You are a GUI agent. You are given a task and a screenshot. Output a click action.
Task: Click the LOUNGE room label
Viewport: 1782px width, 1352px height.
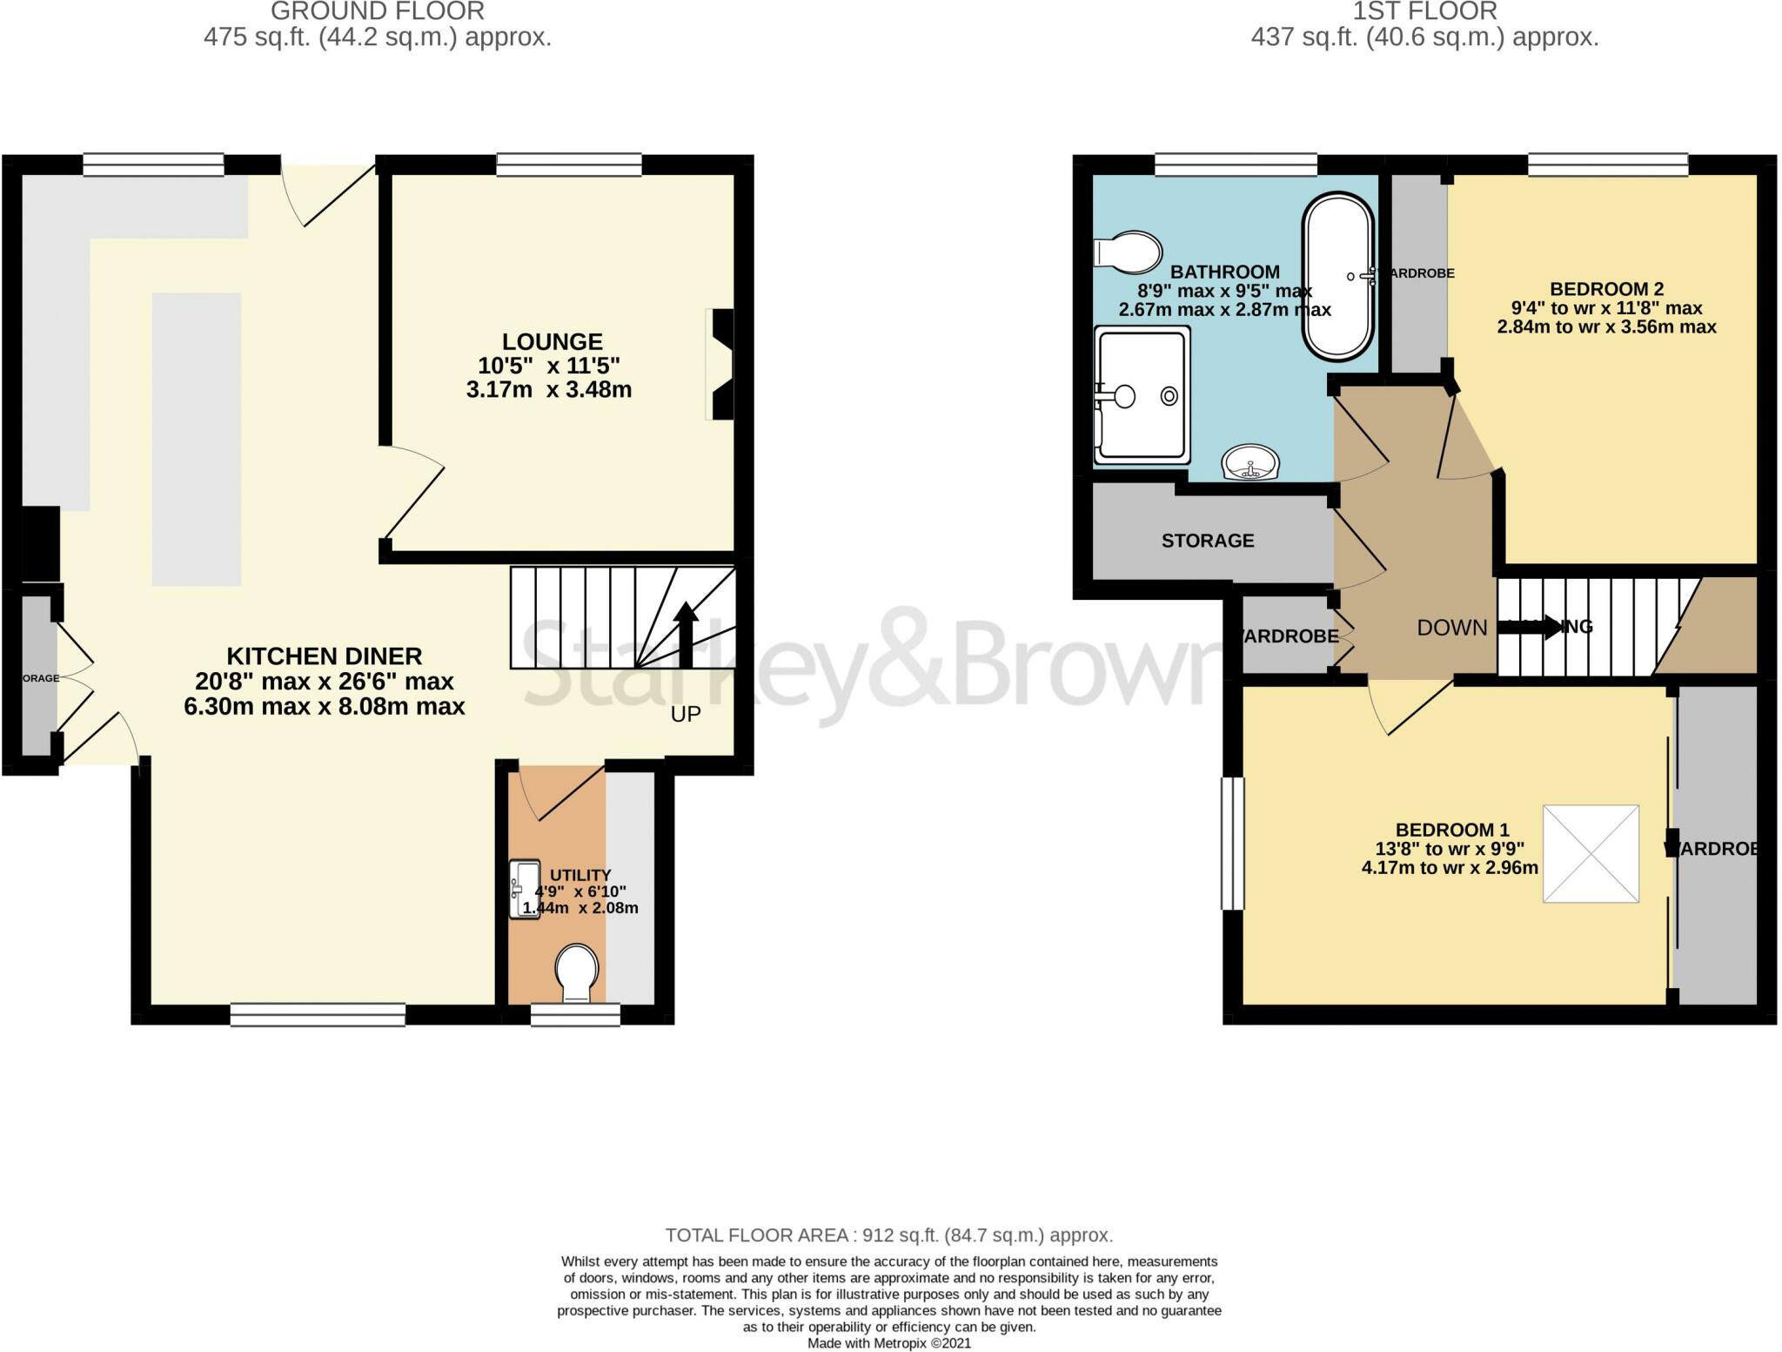pyautogui.click(x=552, y=341)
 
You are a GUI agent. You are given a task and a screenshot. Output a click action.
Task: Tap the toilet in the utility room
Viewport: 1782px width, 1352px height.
pyautogui.click(x=577, y=972)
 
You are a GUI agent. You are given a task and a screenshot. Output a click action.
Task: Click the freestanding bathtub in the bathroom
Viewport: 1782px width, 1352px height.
pyautogui.click(x=1337, y=276)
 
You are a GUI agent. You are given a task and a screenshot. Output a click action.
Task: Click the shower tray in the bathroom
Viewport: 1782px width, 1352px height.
pyautogui.click(x=1142, y=396)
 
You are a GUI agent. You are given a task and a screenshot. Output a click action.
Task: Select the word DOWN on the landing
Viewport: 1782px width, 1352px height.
pyautogui.click(x=1451, y=628)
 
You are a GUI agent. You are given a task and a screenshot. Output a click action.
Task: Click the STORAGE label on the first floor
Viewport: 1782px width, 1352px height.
pyautogui.click(x=1208, y=541)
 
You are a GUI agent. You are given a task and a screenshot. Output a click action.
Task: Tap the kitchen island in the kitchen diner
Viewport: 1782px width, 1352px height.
pyautogui.click(x=197, y=439)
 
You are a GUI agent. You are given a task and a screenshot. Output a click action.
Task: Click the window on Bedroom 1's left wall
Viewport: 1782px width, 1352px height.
pyautogui.click(x=1232, y=843)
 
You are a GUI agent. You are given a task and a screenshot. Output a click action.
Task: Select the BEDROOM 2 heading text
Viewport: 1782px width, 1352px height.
pyautogui.click(x=1606, y=289)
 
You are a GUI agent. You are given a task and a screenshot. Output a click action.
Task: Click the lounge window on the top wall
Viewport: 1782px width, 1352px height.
pyautogui.click(x=569, y=164)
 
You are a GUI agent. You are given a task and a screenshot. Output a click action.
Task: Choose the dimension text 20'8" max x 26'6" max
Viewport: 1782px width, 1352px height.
pyautogui.click(x=325, y=681)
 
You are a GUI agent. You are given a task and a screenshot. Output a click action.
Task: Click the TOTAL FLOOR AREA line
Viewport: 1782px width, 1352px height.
pyautogui.click(x=888, y=1234)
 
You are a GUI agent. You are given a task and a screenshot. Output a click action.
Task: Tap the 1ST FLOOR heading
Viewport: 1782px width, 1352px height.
pyautogui.click(x=1424, y=11)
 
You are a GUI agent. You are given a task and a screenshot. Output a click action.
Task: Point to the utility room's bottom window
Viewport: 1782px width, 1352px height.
pyautogui.click(x=575, y=1014)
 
